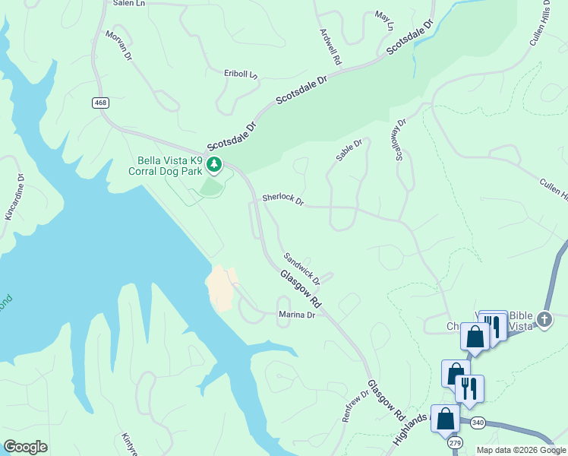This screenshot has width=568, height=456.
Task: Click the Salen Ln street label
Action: [128, 3]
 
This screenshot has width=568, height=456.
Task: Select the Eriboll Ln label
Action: [241, 74]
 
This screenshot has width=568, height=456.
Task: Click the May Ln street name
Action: [385, 21]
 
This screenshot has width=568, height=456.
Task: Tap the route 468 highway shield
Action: [100, 103]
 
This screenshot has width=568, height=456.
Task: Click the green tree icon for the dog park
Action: [215, 163]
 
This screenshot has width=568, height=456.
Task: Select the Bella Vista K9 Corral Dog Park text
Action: [170, 166]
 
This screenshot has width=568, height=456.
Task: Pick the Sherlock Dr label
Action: [282, 199]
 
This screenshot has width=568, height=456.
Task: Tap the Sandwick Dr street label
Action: [301, 269]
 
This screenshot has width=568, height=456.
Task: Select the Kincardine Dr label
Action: [15, 197]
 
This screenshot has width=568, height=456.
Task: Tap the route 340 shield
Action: [477, 423]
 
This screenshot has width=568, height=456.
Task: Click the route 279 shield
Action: [455, 442]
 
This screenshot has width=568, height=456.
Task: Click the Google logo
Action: [25, 447]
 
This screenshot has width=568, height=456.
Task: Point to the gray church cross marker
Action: [544, 320]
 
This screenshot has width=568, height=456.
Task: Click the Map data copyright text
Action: [522, 450]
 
